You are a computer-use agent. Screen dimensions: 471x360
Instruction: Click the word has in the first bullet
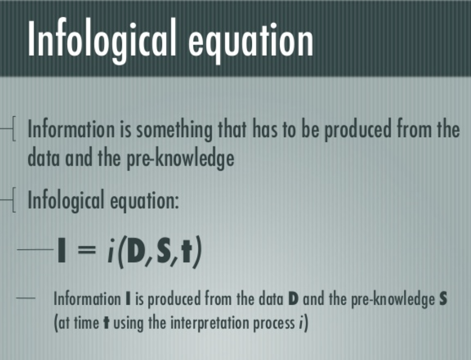(x=265, y=129)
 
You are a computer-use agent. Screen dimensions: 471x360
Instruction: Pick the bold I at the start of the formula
(x=61, y=250)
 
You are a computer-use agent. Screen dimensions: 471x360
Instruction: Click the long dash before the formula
(x=35, y=249)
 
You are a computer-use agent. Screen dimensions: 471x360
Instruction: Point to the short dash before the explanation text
(x=26, y=298)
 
